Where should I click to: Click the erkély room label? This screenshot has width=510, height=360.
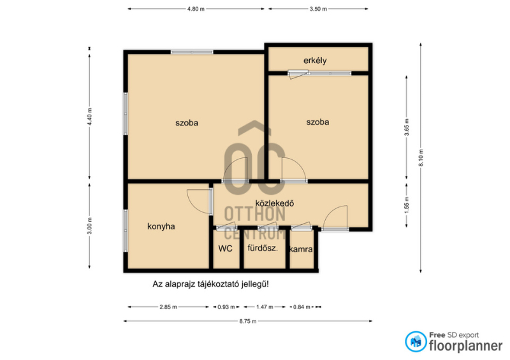point(315,61)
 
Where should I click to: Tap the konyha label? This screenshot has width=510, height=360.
point(161,226)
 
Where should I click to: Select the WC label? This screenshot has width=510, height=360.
point(226,248)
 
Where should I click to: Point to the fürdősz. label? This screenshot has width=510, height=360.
point(263,248)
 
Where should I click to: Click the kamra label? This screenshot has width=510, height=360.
point(301,249)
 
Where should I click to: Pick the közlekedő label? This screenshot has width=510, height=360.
point(275,203)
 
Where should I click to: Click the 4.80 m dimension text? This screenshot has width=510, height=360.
point(196,9)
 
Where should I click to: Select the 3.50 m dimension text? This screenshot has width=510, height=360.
point(318,9)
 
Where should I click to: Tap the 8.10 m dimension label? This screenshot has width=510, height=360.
point(421,157)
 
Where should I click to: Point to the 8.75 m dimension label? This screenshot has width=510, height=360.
point(248,321)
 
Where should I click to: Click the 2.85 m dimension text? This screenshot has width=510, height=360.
point(168,307)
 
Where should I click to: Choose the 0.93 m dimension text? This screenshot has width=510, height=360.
point(226,307)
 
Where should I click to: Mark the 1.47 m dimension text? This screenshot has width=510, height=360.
point(265,307)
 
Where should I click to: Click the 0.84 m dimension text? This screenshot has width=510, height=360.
point(302,307)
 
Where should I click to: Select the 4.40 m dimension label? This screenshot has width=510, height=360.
point(90,117)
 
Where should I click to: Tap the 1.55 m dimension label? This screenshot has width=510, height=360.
point(407,206)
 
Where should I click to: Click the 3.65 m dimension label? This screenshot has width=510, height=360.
point(407,127)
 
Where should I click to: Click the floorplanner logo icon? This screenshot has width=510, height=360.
point(416,342)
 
